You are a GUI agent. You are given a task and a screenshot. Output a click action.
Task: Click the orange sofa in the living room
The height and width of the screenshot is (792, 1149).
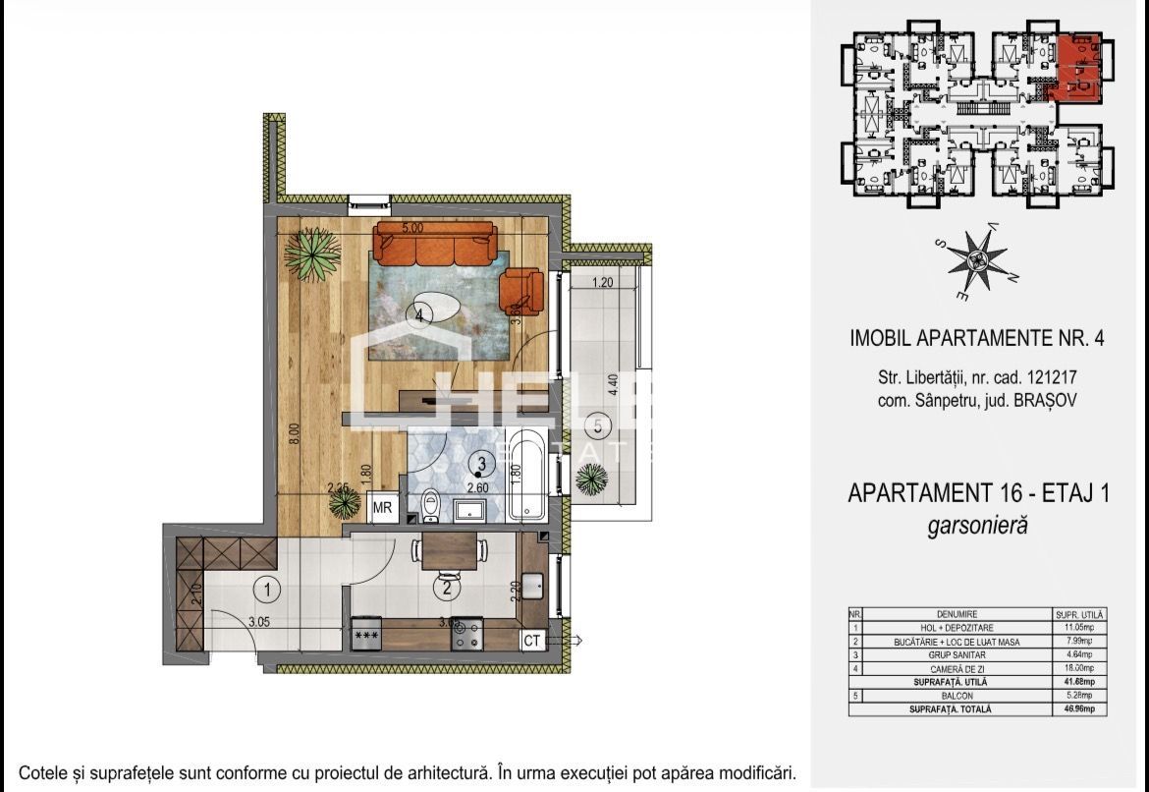pos(433,245)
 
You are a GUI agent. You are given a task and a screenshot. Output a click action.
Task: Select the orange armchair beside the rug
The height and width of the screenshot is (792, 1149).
pos(520,289)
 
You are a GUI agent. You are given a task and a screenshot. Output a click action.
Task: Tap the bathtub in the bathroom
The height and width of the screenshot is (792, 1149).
pos(530,474)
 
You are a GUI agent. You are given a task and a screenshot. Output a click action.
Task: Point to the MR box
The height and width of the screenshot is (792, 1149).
pos(383,508)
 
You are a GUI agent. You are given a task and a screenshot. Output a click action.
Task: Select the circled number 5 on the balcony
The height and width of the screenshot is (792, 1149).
pos(601,426)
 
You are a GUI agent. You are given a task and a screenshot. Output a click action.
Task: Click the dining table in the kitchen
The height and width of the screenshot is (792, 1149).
pos(454,550)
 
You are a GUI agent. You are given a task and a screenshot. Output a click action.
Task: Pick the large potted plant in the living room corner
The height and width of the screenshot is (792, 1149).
pos(313,255)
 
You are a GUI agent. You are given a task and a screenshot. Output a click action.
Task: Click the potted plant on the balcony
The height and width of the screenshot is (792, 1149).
pos(591,480)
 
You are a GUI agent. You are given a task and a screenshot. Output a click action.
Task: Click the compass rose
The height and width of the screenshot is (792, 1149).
pos(974,260)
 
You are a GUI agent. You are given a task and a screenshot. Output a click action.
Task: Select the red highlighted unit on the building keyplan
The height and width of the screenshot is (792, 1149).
pos(1076,71)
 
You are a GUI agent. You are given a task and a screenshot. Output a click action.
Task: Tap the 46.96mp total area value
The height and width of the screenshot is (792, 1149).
pos(1068,708)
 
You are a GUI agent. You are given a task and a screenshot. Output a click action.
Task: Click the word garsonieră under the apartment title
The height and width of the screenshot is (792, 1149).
pos(977,526)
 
